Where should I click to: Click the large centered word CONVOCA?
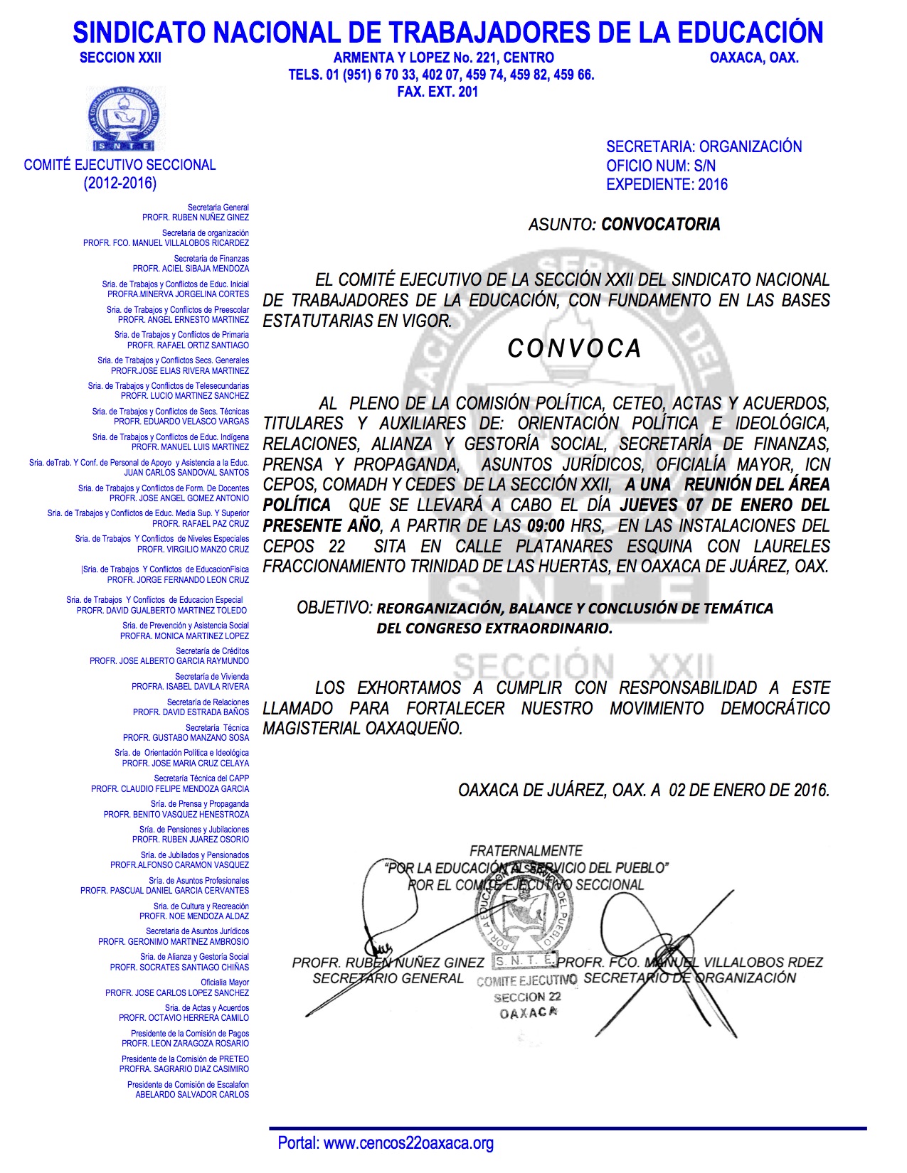click(x=575, y=348)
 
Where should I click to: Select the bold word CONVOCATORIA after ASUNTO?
click(x=661, y=225)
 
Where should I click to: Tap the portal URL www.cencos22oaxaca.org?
click(x=408, y=1143)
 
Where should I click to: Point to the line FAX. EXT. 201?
click(x=437, y=92)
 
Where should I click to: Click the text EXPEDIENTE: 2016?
click(x=667, y=185)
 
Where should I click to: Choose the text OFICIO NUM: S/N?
click(x=661, y=166)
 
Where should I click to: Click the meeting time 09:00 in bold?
click(x=546, y=526)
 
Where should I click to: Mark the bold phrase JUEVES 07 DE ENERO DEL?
click(x=725, y=505)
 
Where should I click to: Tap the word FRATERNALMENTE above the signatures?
click(x=526, y=851)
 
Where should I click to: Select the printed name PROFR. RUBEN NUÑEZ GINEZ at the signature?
click(x=388, y=963)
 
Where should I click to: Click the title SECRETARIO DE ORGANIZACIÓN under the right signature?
click(x=689, y=978)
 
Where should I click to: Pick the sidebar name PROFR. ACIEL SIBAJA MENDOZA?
click(x=191, y=269)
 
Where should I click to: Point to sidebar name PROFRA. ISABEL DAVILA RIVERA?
click(x=190, y=687)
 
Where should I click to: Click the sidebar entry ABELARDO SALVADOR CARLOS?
click(x=192, y=1095)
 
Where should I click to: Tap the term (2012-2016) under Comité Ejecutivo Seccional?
click(x=120, y=183)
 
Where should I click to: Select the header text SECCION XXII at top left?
click(x=120, y=58)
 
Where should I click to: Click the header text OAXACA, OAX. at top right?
click(x=754, y=58)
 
